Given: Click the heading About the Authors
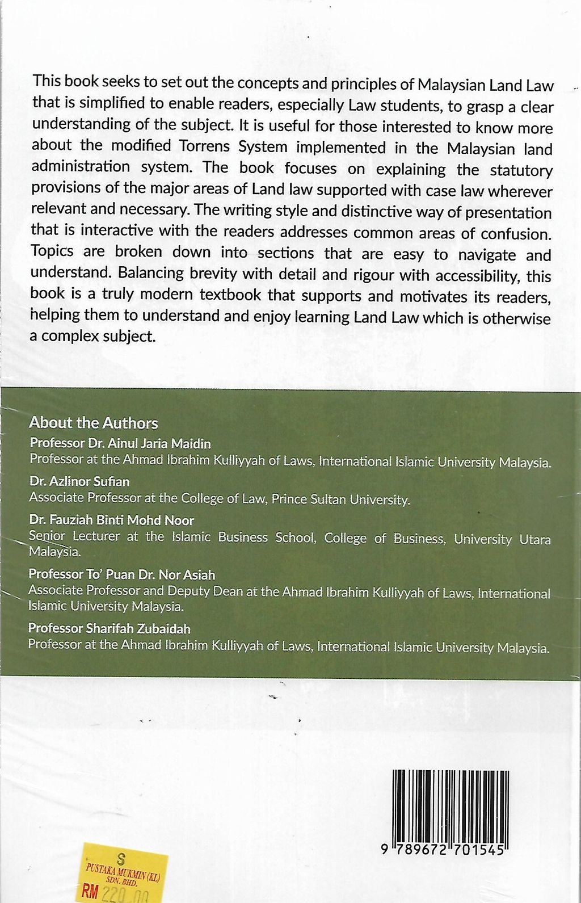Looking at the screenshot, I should point(93,423).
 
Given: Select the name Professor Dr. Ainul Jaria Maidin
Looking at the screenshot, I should point(120,443).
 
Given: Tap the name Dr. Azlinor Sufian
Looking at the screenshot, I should point(79,481).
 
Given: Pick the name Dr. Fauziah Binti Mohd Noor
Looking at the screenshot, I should point(111,520).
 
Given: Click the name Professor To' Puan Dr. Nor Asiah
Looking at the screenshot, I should point(122,574).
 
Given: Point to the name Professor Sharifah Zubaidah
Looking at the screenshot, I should point(109,628).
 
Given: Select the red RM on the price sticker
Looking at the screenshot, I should point(90,891).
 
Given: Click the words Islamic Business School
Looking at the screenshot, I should point(243,537).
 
